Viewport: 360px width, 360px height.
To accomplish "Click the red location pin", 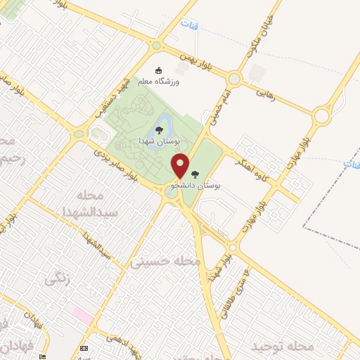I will [181, 166].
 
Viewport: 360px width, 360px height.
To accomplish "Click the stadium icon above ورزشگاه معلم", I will [159, 70].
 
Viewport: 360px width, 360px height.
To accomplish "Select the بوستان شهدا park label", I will [160, 140].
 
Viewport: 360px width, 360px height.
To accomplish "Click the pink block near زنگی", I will [82, 316].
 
